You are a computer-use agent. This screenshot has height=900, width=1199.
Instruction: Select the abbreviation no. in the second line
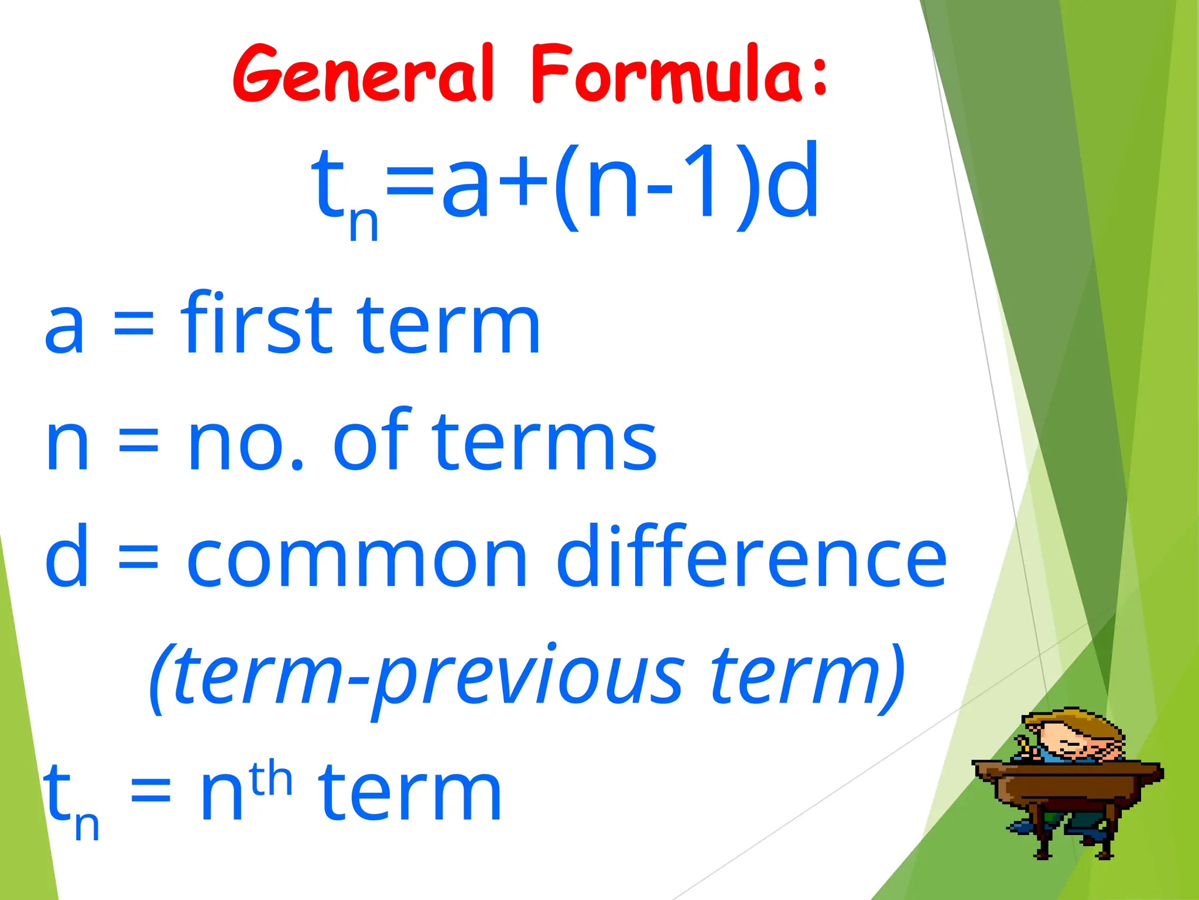click(246, 442)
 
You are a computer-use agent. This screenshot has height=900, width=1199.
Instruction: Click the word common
click(357, 560)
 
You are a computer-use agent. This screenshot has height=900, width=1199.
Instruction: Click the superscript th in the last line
click(270, 778)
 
